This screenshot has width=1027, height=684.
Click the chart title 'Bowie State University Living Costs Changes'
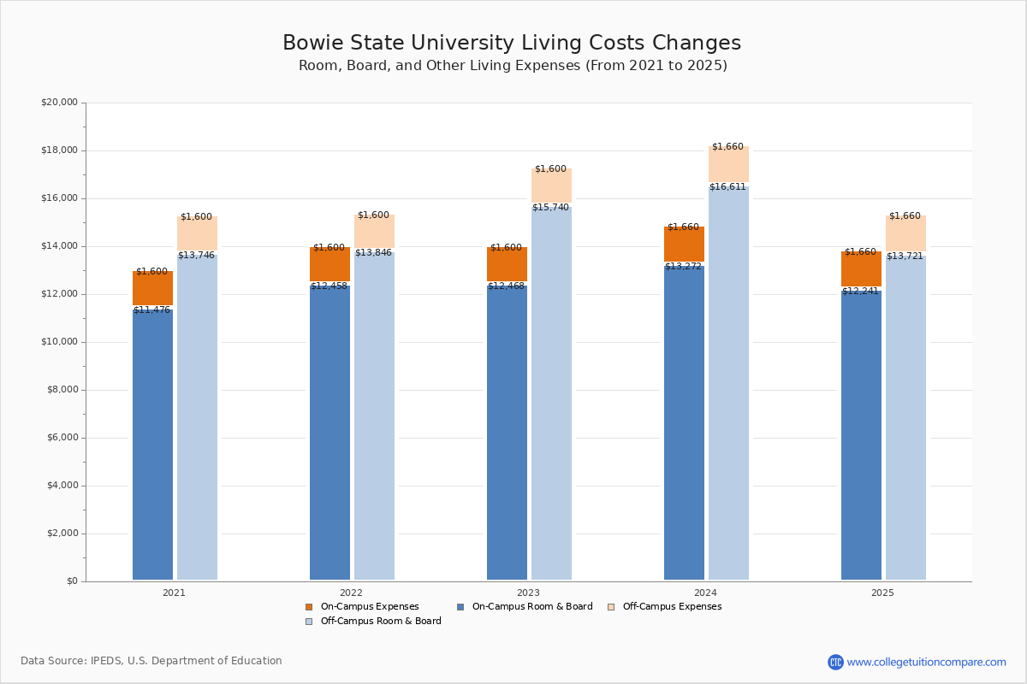point(512,44)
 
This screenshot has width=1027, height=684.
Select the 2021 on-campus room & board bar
point(152,445)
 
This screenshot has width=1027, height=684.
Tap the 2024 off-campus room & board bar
point(728,385)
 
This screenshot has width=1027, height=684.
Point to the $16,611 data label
point(727,187)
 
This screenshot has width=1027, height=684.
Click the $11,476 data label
point(151,310)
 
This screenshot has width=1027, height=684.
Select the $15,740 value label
point(550,208)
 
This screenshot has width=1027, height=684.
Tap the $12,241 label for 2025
point(860,292)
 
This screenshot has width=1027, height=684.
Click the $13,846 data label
point(373,253)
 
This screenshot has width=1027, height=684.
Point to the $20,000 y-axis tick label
point(59,103)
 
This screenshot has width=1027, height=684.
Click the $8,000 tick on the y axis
point(62,390)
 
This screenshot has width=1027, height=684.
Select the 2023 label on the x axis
point(528,593)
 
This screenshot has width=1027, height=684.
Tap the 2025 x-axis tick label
point(882,593)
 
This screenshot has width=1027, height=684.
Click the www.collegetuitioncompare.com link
point(926,662)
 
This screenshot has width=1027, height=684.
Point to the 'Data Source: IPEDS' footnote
point(151,661)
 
